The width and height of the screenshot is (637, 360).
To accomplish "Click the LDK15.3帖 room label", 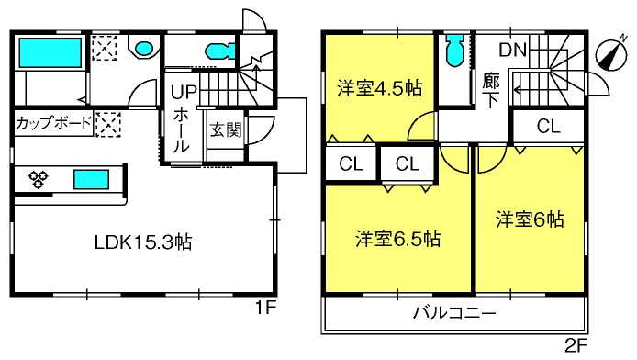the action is [x=143, y=242].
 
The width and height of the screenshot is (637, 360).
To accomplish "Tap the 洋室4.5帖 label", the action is [x=379, y=88].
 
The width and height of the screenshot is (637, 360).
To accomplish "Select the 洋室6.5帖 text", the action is [x=397, y=239].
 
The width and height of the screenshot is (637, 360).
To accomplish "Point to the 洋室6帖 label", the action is [x=530, y=219].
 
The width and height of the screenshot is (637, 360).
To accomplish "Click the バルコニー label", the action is [x=454, y=313].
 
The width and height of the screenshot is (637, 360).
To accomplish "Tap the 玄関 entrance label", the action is [x=226, y=130].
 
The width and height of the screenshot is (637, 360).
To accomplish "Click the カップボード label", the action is [x=53, y=123].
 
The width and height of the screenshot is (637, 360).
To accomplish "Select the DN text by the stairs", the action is [x=513, y=51].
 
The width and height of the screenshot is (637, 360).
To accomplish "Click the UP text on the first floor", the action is [x=184, y=92].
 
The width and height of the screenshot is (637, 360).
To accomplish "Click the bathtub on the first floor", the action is [x=50, y=53].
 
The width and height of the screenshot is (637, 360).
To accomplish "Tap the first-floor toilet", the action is [x=219, y=51].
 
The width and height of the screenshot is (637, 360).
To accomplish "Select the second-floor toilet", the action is [x=454, y=50].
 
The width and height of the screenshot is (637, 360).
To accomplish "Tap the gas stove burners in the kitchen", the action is [x=39, y=179].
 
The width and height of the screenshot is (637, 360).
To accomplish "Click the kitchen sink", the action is [x=92, y=180].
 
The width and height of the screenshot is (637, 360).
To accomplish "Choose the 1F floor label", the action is [x=265, y=309].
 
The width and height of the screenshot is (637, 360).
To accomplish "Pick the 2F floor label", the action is [x=576, y=346].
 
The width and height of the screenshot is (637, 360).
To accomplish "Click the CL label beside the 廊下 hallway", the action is [x=549, y=126].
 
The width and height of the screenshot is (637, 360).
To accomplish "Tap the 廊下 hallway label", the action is [x=491, y=91].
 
